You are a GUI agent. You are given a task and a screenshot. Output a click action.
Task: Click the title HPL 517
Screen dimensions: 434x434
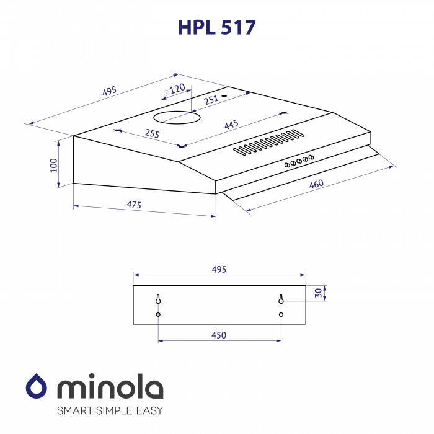pyautogui.click(x=216, y=28)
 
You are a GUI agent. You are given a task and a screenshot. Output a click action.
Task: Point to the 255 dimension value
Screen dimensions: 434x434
pyautogui.click(x=151, y=134)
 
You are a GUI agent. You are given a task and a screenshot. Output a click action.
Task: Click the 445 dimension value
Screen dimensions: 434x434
pyautogui.click(x=231, y=125)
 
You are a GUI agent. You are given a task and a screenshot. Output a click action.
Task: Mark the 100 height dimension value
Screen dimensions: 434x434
pyautogui.click(x=54, y=164)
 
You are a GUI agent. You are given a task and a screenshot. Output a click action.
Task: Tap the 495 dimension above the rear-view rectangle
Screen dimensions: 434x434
pyautogui.click(x=219, y=269)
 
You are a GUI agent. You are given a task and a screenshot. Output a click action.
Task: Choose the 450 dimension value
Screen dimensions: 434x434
pyautogui.click(x=219, y=335)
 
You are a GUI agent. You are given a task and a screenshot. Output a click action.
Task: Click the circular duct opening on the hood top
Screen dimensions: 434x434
pyautogui.click(x=177, y=116)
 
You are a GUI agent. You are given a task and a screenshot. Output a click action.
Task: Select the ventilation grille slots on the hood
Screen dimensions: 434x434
pyautogui.click(x=268, y=141)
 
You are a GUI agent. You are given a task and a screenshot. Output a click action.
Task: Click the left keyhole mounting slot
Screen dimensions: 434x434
pyautogui.click(x=159, y=299)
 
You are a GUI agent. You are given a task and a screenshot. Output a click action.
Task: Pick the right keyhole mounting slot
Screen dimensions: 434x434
pyautogui.click(x=281, y=299)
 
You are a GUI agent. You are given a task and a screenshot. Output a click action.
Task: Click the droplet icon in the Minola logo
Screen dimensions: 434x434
pyautogui.click(x=37, y=387)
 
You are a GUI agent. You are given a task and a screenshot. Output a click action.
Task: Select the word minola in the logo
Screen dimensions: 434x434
pyautogui.click(x=110, y=388)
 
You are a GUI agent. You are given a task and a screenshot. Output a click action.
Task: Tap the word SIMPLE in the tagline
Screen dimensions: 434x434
pyautogui.click(x=115, y=410)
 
